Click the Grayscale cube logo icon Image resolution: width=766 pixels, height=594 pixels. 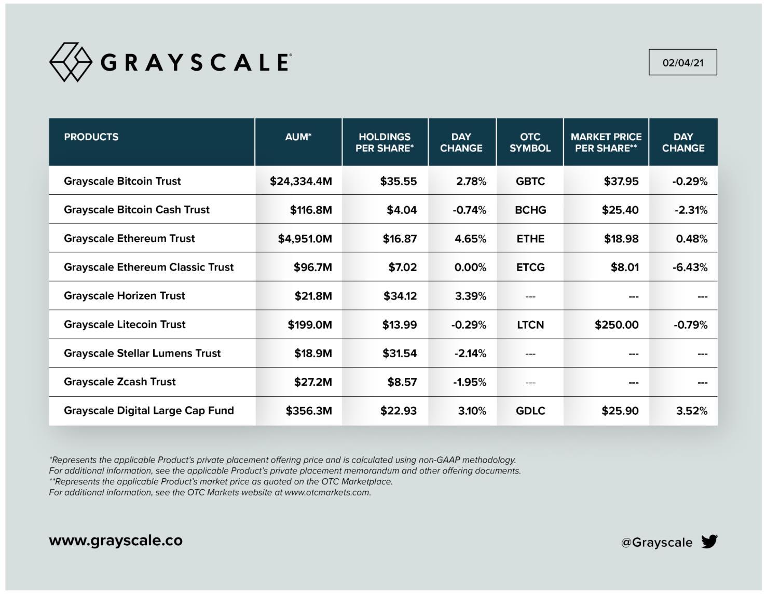click(x=71, y=62)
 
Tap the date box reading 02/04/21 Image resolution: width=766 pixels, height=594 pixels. click(x=682, y=62)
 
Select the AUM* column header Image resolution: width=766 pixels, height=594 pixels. click(x=298, y=137)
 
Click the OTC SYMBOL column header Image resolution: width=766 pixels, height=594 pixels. click(x=530, y=142)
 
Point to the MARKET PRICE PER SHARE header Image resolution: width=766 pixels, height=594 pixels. click(x=606, y=142)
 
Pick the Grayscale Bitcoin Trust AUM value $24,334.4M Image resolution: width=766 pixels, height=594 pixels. click(x=300, y=181)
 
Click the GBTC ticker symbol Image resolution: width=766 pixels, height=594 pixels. click(x=530, y=181)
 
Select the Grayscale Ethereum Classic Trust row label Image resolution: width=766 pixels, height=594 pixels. click(x=148, y=267)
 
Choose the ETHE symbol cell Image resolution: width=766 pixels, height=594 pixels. click(x=530, y=239)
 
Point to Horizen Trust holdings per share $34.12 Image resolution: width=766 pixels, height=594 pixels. click(x=400, y=296)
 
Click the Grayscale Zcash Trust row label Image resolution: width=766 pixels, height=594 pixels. click(x=119, y=382)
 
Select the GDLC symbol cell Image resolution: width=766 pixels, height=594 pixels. click(x=530, y=411)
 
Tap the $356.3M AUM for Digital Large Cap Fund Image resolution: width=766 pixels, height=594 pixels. click(x=308, y=411)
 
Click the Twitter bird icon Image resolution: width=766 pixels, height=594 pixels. click(x=709, y=542)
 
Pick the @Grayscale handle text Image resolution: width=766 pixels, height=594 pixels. click(x=656, y=543)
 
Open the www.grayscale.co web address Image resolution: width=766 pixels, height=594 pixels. click(x=116, y=541)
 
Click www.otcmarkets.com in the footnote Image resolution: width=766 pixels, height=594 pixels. click(x=327, y=493)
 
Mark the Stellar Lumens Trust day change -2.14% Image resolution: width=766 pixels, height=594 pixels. click(x=470, y=354)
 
